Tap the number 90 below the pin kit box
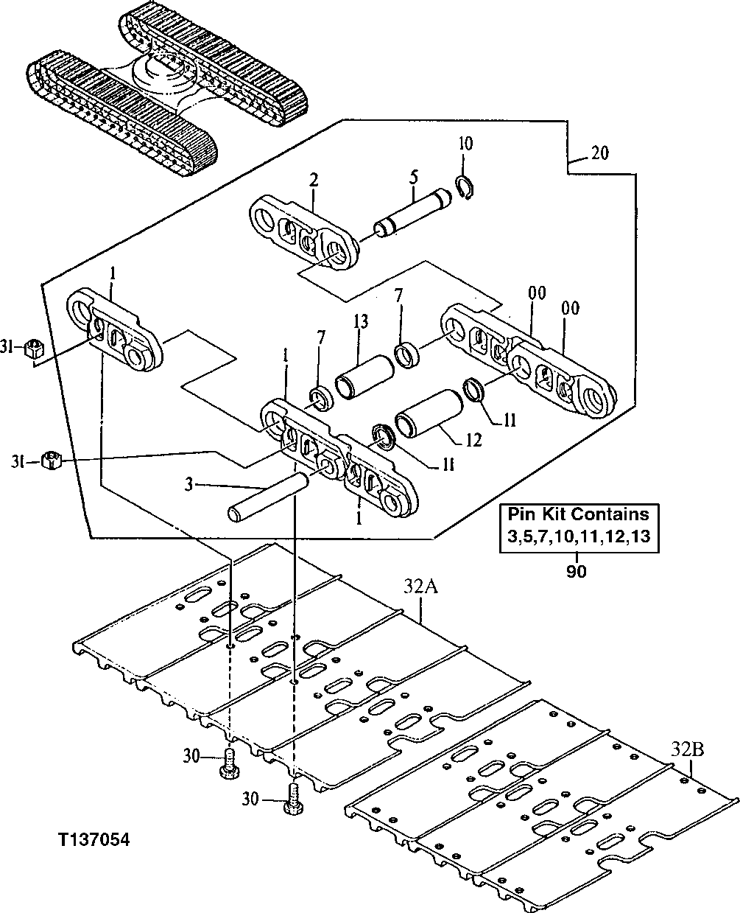[577, 571]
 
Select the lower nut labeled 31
[52, 462]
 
